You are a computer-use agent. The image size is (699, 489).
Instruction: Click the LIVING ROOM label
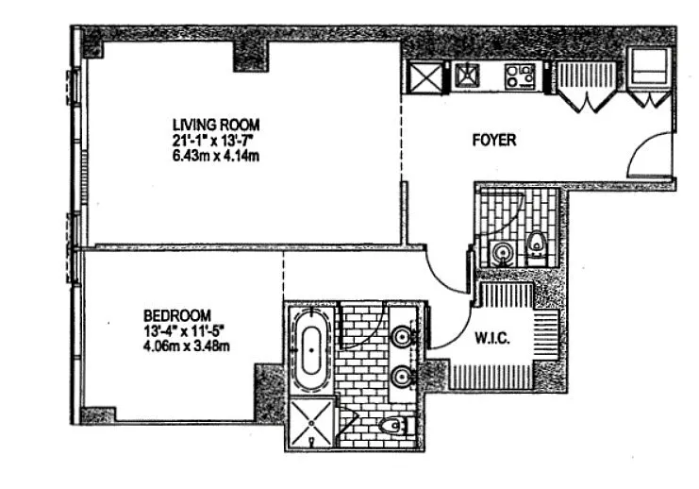(216, 125)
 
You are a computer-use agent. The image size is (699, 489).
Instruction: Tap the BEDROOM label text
(177, 316)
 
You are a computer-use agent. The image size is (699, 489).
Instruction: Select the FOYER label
(494, 140)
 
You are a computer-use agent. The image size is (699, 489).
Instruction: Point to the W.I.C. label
(492, 338)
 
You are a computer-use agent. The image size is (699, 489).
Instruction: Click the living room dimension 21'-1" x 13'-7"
(213, 141)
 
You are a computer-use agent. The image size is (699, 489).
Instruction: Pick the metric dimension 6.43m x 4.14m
(216, 157)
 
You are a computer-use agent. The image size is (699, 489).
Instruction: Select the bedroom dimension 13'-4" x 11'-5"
(183, 331)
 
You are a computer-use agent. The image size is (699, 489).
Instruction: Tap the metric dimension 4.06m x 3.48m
(187, 346)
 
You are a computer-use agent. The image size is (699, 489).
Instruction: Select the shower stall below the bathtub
(311, 423)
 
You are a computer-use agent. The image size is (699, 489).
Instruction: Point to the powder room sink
(502, 254)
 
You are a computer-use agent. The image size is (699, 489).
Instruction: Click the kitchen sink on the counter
(467, 76)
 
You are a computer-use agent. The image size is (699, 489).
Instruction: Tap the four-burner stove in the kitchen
(520, 76)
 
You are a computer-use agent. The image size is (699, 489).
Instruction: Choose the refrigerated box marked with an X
(425, 78)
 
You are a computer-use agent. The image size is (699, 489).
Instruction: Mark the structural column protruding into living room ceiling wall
(252, 56)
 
